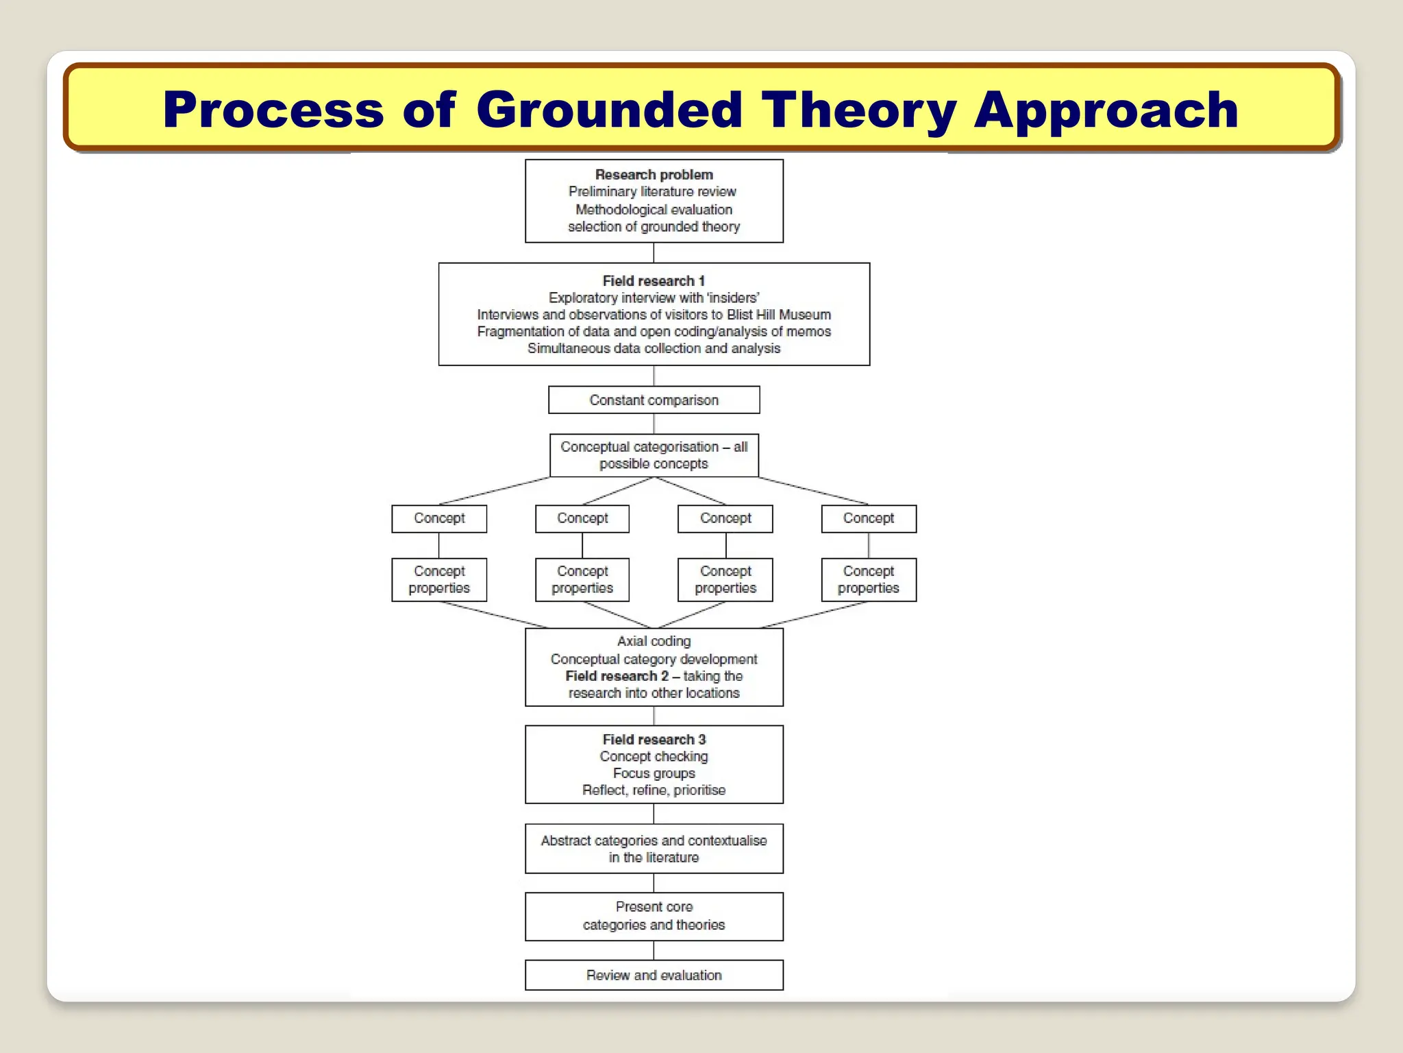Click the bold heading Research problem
tap(654, 175)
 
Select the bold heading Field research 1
tap(654, 281)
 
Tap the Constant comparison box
tap(654, 400)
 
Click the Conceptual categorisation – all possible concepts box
tap(654, 455)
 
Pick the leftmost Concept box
tap(439, 519)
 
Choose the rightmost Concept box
tap(868, 519)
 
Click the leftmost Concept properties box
tap(439, 580)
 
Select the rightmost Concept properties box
tap(868, 580)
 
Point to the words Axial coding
tap(654, 642)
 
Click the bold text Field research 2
tap(617, 677)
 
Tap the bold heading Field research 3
tap(654, 740)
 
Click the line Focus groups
tap(654, 773)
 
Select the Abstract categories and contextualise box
tap(654, 849)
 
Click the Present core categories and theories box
tap(654, 916)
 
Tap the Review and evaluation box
tap(654, 976)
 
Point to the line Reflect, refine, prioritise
tap(654, 790)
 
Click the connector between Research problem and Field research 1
tap(654, 253)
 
